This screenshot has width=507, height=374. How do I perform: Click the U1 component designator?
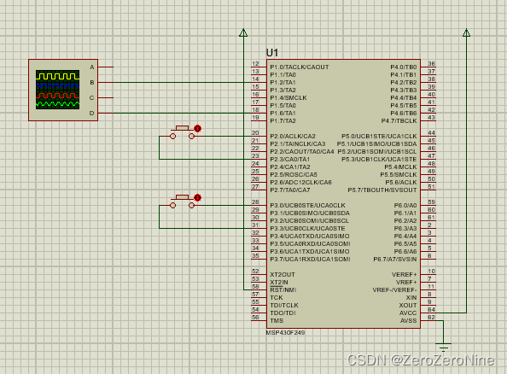click(272, 52)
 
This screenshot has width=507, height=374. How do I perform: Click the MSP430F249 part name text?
click(284, 332)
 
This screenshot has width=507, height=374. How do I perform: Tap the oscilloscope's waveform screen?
click(56, 90)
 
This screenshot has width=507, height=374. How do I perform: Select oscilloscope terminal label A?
click(92, 67)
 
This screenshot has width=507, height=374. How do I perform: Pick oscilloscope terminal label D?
click(92, 113)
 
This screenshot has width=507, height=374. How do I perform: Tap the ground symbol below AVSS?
click(442, 346)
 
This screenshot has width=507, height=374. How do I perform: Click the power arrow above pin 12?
click(243, 33)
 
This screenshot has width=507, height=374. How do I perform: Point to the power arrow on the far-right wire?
click(466, 33)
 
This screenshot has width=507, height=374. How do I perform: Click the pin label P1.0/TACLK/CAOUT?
click(299, 67)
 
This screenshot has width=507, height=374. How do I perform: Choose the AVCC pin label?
click(408, 312)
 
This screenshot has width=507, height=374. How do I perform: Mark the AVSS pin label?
click(408, 319)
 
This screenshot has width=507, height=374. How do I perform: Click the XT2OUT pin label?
click(283, 274)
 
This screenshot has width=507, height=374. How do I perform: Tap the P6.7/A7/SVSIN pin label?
click(394, 259)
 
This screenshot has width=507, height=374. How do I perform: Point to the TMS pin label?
click(277, 319)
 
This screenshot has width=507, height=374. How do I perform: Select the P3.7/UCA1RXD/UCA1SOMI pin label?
click(309, 259)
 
